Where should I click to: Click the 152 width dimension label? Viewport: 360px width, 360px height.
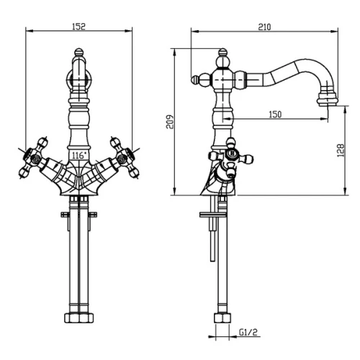click(78, 27)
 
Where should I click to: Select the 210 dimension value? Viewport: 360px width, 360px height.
click(264, 27)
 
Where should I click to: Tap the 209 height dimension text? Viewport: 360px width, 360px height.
click(170, 122)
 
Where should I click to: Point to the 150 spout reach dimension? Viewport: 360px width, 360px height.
click(275, 114)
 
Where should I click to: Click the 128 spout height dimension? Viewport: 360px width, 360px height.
click(341, 150)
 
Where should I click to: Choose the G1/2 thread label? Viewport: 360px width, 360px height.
click(248, 332)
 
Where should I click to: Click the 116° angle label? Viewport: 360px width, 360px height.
click(79, 156)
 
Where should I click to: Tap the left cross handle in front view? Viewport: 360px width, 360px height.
click(33, 158)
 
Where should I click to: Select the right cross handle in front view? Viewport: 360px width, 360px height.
click(125, 158)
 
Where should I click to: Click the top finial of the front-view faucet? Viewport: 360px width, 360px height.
click(78, 52)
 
